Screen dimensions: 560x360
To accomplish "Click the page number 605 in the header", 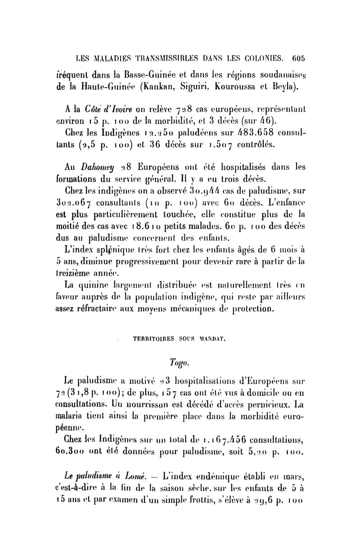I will pyautogui.click(x=298, y=58).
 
